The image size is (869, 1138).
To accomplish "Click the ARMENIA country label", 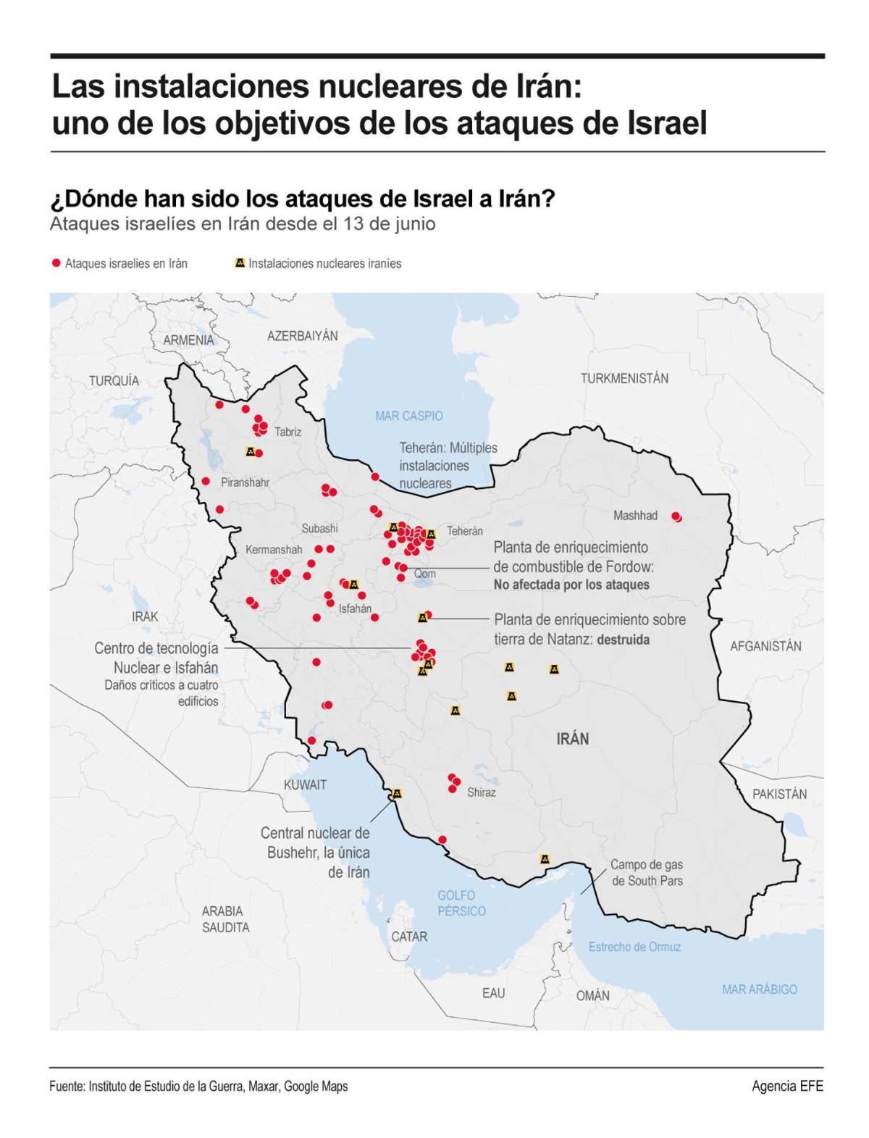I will coord(188,340).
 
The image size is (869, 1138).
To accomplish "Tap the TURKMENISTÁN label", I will coord(624,378).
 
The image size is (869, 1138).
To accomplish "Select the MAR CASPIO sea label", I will coord(408,416).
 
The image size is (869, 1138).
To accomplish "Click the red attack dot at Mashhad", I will coord(676,516).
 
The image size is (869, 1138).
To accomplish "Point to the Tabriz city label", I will coord(287,432).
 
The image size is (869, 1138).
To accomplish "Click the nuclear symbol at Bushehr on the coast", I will coord(396,793).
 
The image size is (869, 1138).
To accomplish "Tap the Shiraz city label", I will coord(482,792).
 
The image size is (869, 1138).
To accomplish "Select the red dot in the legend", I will coord(56,263).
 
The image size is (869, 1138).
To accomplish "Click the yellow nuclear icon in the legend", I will coord(240,263).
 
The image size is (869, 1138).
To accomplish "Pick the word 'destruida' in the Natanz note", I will coord(623,640).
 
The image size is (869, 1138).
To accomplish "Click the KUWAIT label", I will coord(305,785).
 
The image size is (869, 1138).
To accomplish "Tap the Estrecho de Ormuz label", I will coord(634,947).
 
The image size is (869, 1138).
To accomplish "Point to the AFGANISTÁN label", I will coord(765,646).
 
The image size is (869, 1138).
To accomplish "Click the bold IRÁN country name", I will coord(572,739).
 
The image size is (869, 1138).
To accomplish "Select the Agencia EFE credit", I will coord(787,1086).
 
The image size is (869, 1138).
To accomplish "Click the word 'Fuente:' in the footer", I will coord(67,1086).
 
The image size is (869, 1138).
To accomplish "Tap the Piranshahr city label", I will coord(245,482).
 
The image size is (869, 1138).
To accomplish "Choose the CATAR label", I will coord(409,937).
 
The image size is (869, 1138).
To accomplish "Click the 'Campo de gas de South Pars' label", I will coord(647,873).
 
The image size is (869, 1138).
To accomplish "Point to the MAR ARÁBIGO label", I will coord(759,990).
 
